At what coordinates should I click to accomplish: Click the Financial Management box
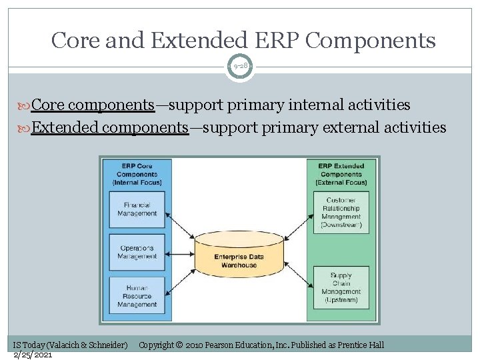tap(137, 209)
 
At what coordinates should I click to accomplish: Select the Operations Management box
tap(137, 252)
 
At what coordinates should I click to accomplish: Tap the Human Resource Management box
tap(137, 296)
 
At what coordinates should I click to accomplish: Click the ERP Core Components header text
tap(137, 173)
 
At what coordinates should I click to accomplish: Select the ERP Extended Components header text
tap(341, 173)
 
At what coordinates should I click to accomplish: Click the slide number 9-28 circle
tap(240, 67)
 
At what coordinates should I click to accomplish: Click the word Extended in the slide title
tap(196, 41)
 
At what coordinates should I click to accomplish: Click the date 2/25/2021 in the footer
tap(33, 354)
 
